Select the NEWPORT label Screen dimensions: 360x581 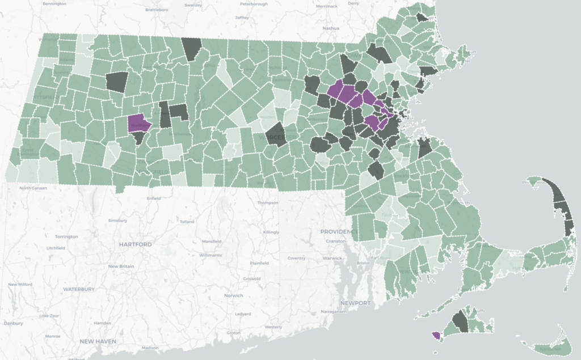pos(356,303)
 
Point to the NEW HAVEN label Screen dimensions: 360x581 pos(98,341)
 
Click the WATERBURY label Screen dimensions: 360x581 pos(79,289)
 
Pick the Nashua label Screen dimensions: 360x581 pos(330,27)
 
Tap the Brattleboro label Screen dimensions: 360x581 pos(157,10)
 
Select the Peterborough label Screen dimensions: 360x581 pos(252,3)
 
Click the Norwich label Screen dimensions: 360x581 pos(233,295)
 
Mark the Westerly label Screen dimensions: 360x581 pos(273,327)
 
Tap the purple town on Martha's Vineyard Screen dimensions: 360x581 pos(436,336)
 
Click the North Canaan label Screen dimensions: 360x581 pos(31,188)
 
